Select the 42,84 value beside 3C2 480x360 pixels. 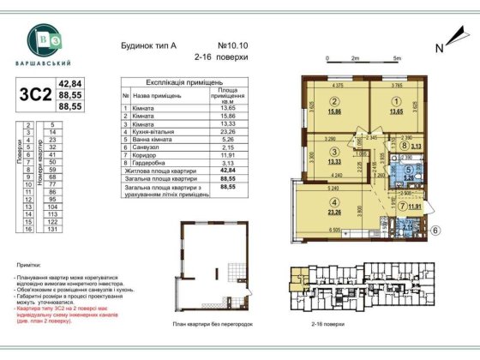tap(68, 83)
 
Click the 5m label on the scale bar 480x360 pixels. tap(397, 57)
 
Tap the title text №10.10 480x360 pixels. tap(232, 45)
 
